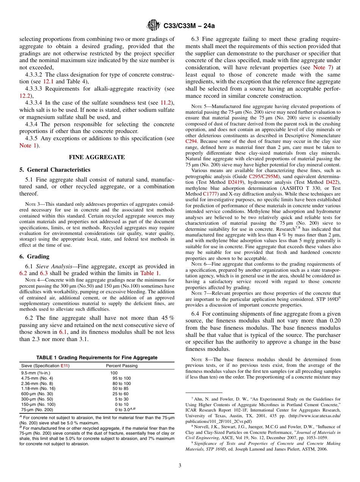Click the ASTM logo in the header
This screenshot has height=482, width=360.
coord(153,26)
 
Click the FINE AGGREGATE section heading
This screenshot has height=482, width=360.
coord(97,157)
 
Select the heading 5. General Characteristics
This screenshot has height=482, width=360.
coord(55,169)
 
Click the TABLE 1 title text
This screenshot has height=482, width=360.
coord(97,358)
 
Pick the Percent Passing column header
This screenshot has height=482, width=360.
coord(122,366)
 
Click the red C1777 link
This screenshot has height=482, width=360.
coord(210,193)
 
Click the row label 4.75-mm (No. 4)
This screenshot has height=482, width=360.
coord(37,378)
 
